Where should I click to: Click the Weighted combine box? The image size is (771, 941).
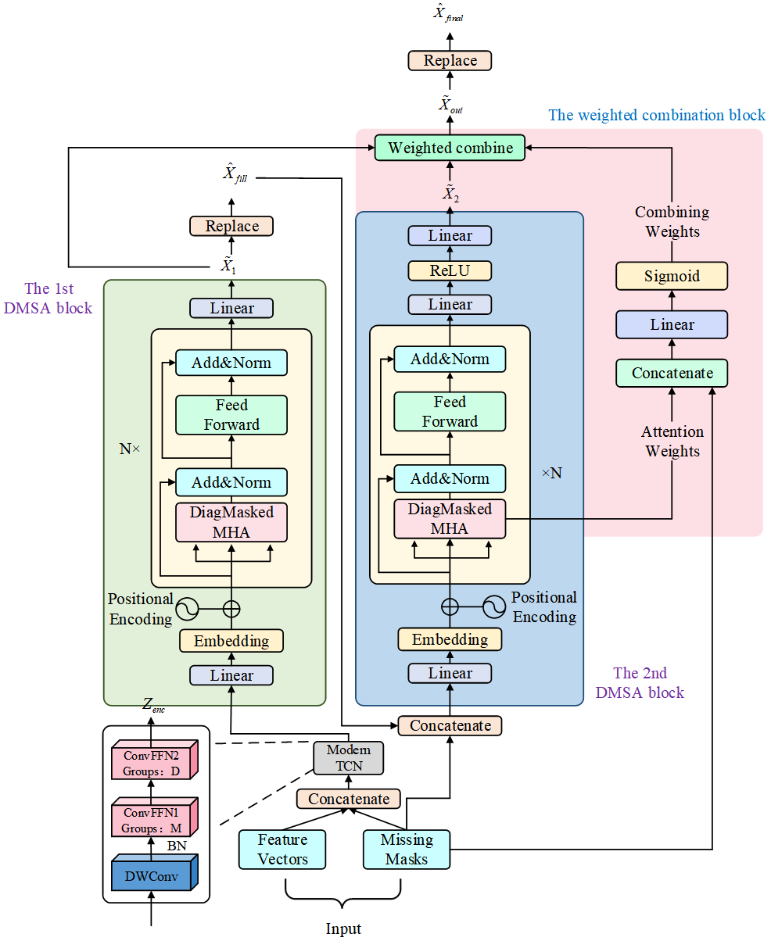[450, 148]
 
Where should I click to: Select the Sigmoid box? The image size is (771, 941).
[672, 276]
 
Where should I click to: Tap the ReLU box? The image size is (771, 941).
[450, 270]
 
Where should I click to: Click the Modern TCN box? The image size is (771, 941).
[349, 757]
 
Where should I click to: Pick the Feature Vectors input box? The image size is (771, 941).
[282, 850]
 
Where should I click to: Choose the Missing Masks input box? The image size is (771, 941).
[407, 850]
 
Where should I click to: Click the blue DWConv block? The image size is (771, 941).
[155, 876]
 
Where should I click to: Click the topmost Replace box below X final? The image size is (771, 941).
[450, 60]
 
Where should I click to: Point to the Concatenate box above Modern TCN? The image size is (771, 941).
[450, 725]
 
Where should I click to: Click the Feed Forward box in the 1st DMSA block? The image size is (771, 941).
[231, 415]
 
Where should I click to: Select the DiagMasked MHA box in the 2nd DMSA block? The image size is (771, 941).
[450, 519]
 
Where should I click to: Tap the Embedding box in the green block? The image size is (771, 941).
[231, 641]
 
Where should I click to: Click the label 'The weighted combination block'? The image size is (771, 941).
[657, 115]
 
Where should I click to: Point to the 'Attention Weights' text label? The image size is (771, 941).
[672, 442]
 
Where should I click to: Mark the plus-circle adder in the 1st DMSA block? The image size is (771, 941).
[231, 608]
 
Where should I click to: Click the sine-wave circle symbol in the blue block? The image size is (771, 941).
[494, 606]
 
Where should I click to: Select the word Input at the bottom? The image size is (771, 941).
[343, 928]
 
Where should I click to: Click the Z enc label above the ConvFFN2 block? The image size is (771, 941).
[153, 706]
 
